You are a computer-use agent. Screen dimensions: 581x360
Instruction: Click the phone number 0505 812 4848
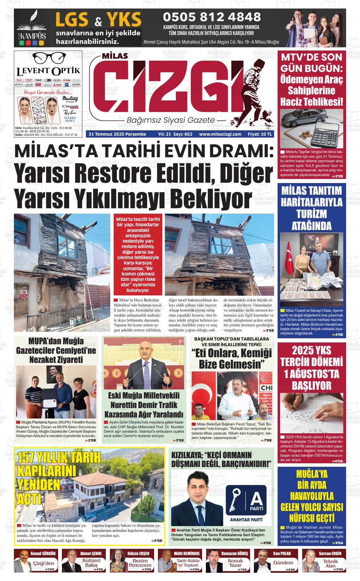click(212, 16)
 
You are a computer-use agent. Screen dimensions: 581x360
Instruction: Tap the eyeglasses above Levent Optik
click(48, 58)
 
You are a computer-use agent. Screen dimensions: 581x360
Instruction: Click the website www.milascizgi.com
click(220, 134)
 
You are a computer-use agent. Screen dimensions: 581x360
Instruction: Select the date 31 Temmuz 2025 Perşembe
click(117, 134)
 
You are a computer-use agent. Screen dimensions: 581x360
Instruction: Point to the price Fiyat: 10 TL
click(260, 134)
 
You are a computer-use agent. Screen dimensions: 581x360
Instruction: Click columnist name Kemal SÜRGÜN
click(43, 554)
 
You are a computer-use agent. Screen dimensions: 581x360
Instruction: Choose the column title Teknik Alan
click(330, 563)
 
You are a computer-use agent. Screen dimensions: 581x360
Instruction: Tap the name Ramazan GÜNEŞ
click(235, 554)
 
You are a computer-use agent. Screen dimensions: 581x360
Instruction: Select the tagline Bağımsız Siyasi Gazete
click(171, 120)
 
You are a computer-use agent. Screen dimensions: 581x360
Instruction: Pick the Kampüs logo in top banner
click(31, 28)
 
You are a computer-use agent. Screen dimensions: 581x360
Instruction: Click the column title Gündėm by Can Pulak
click(283, 563)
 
